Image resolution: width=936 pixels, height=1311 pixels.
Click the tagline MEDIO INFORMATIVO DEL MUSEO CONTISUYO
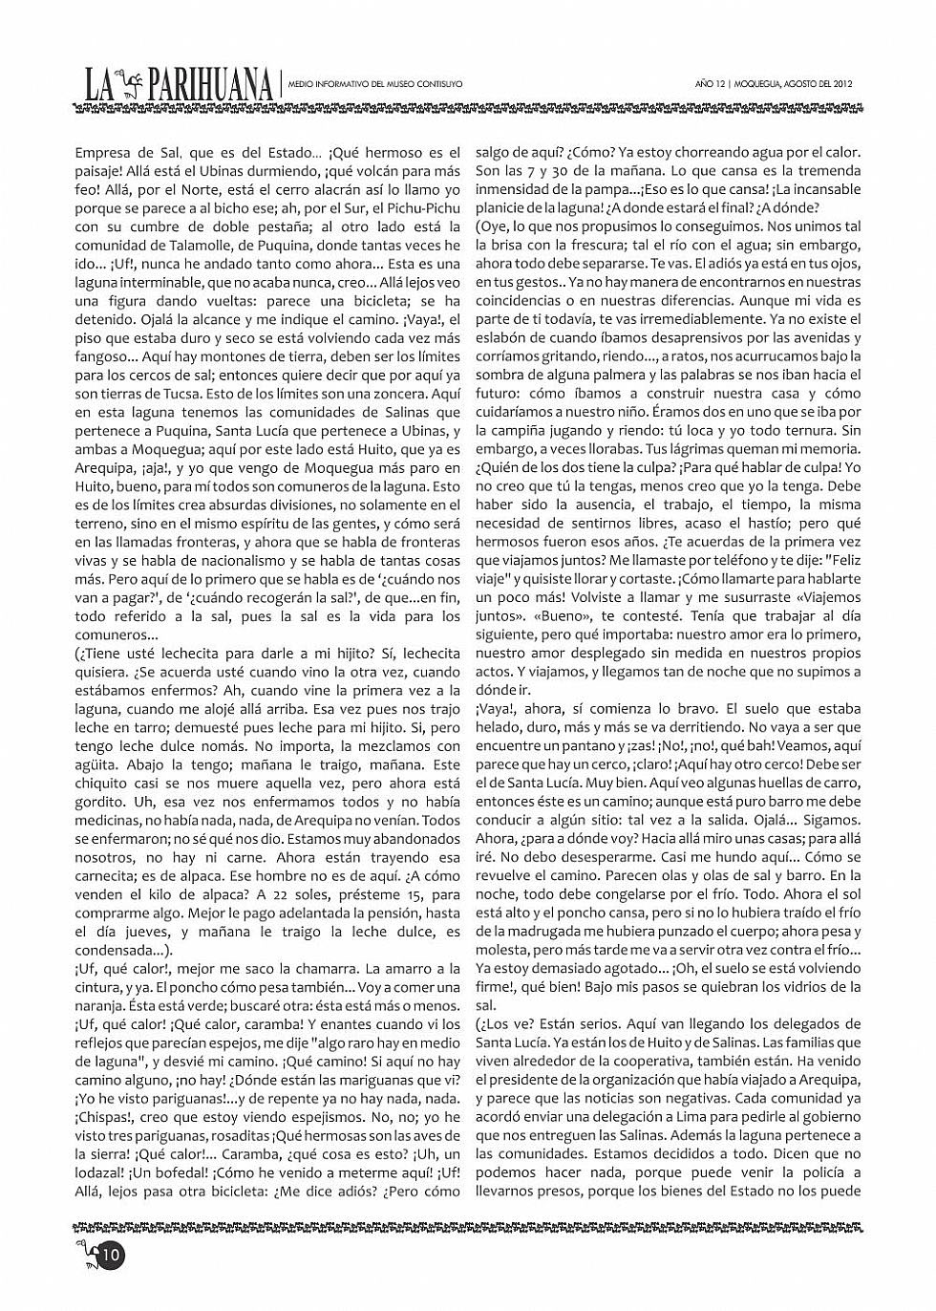click(375, 84)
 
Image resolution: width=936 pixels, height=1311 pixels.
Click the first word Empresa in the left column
click(101, 153)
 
